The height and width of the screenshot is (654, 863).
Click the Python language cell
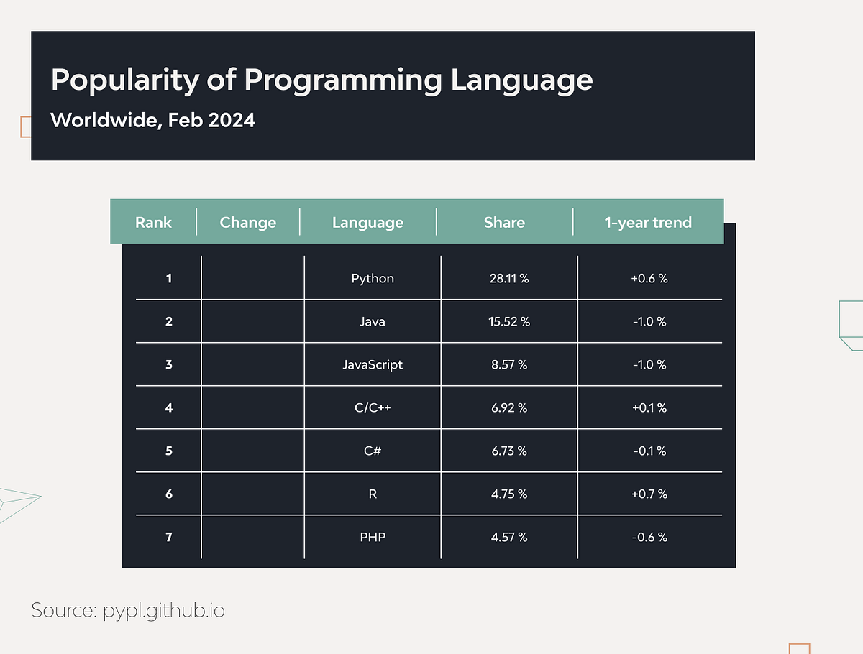373,278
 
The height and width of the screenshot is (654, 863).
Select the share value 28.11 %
509,278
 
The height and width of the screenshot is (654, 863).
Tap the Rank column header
153,222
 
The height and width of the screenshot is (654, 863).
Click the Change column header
247,222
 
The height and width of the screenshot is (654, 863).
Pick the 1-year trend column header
648,222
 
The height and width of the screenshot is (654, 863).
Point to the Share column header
504,222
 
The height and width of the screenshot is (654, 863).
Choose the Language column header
367,222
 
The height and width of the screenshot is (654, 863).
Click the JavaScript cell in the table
373,364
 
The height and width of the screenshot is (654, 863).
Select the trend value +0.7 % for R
649,494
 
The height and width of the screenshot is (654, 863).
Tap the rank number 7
169,537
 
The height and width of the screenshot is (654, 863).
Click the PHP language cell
373,537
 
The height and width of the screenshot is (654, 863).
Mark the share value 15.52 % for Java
509,321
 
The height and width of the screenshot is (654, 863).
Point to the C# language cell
373,451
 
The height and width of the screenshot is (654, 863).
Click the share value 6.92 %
509,407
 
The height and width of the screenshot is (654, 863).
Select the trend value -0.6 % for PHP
649,537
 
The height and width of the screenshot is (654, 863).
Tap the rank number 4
169,407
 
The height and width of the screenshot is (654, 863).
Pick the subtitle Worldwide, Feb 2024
152,119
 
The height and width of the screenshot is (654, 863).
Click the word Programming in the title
343,80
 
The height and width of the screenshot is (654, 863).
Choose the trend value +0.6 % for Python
649,278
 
